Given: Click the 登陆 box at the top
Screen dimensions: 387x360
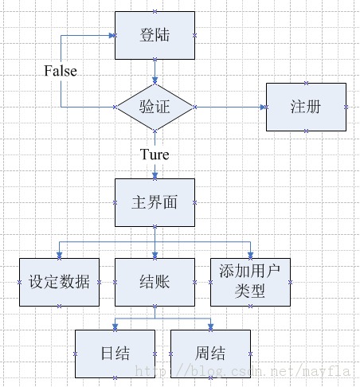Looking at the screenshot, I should tap(155, 36).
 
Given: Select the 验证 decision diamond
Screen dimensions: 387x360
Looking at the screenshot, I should tap(155, 107).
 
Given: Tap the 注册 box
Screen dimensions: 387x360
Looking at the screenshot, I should tap(306, 107).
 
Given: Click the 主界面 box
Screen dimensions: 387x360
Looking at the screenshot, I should tap(155, 202).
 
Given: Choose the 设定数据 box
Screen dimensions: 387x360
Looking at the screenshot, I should tap(59, 282).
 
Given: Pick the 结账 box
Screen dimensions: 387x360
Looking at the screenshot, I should tap(155, 282).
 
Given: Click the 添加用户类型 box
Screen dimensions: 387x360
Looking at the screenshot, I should tap(250, 282).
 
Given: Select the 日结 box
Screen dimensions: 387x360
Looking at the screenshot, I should tap(115, 353).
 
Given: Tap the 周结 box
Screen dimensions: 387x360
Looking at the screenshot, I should tap(210, 353).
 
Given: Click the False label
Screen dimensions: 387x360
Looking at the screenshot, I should tap(61, 71).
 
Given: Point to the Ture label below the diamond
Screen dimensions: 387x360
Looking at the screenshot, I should tap(154, 153).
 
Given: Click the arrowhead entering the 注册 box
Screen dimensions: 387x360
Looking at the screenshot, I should tap(261, 107).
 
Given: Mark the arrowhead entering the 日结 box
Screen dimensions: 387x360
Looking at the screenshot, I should tap(115, 325).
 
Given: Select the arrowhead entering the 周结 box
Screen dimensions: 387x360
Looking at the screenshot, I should tap(210, 325).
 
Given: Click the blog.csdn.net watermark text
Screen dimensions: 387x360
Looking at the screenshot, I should tap(247, 371).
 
